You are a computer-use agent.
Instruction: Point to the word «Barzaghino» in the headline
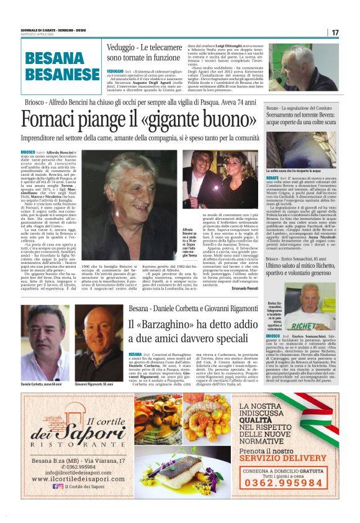pos(168,326)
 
